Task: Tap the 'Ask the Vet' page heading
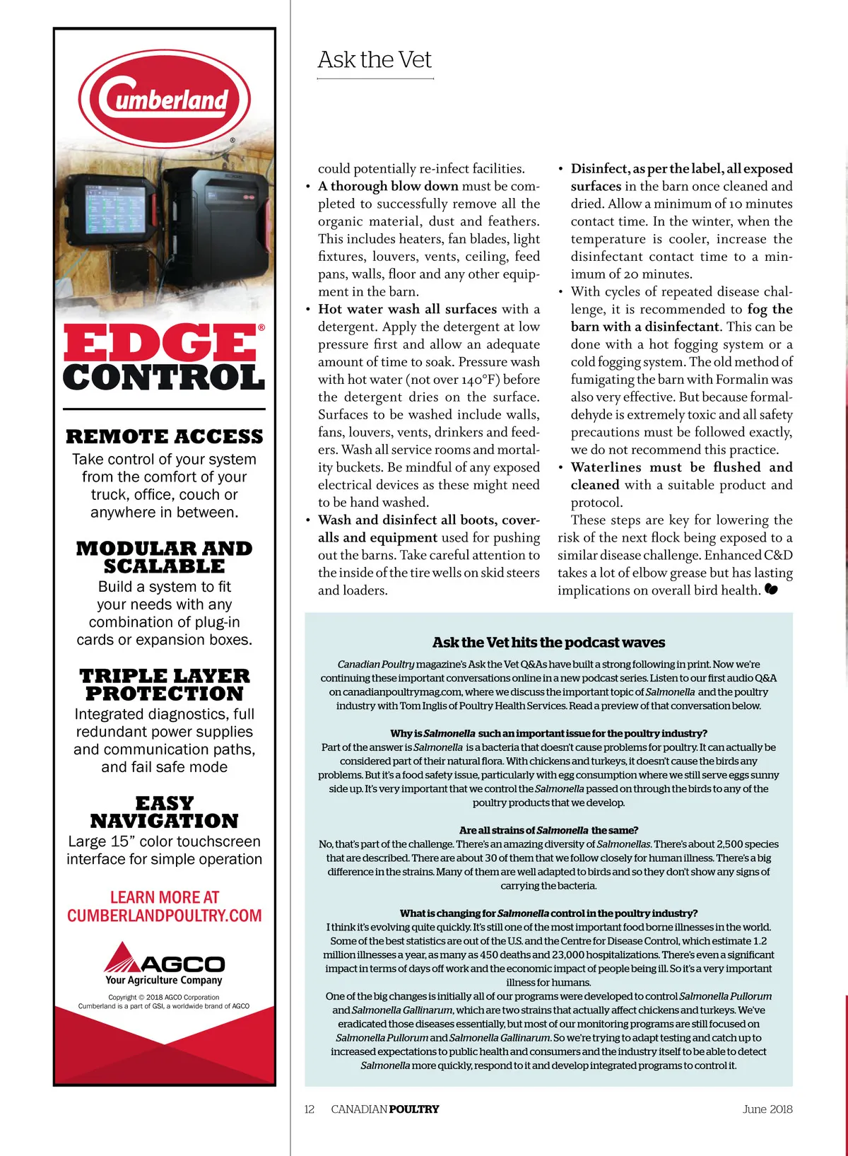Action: coord(375,60)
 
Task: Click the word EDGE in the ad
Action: coord(160,344)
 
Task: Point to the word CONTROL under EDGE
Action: coord(164,378)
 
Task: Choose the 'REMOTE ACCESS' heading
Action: coord(164,436)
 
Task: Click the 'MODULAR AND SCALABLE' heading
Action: coord(164,557)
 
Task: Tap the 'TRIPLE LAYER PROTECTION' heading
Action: coord(164,684)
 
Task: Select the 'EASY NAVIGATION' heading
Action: coord(164,812)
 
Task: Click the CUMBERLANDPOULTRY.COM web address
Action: coord(164,916)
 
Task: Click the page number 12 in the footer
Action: coord(309,1109)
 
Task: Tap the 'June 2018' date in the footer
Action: coord(767,1109)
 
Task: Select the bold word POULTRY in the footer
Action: coord(414,1109)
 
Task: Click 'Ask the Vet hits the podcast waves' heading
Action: coord(548,643)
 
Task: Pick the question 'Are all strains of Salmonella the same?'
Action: coord(548,830)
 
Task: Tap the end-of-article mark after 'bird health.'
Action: coord(771,589)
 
